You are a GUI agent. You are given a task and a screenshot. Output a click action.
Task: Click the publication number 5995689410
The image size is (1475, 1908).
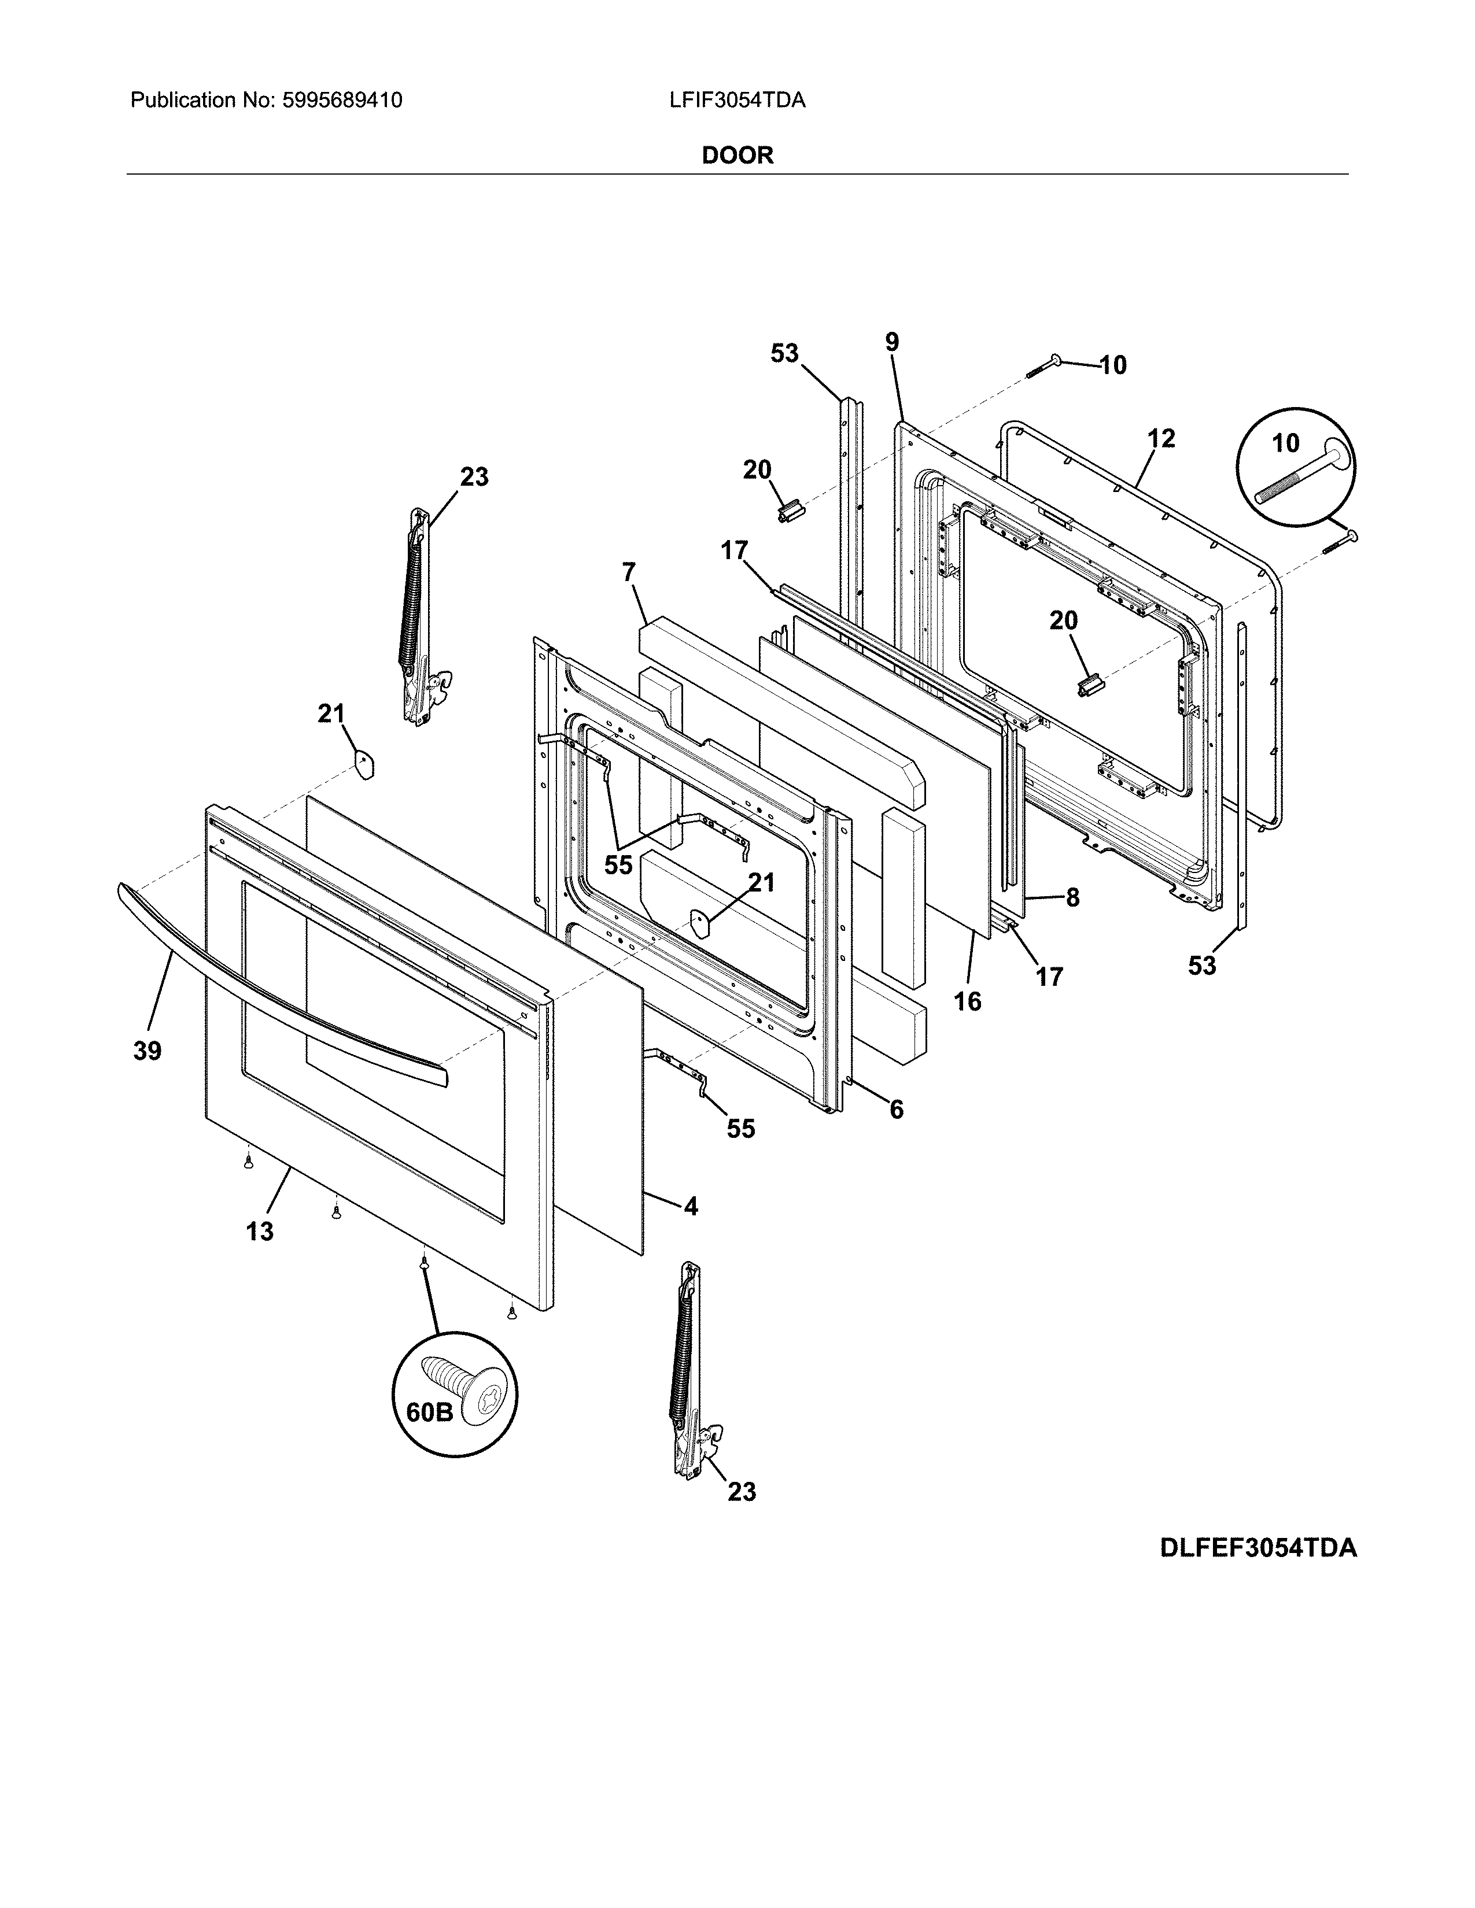tap(342, 101)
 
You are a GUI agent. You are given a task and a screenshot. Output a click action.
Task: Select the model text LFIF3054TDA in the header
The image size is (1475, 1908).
tap(736, 101)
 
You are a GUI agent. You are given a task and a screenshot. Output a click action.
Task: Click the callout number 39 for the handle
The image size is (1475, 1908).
tap(147, 1051)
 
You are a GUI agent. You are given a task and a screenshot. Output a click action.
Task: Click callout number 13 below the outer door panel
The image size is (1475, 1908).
tap(260, 1231)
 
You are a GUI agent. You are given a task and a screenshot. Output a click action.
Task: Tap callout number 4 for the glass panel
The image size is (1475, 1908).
tap(690, 1207)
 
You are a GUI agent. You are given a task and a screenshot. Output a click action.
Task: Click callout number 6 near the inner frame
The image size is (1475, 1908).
tap(895, 1110)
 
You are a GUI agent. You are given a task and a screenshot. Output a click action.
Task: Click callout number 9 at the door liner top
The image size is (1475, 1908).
tap(891, 342)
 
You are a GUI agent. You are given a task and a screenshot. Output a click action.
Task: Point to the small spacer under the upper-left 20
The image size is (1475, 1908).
tap(789, 509)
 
